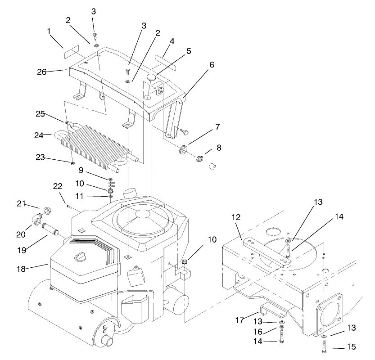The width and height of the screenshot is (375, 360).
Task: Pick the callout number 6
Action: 211,65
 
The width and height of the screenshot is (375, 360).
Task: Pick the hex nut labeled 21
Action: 47,210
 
